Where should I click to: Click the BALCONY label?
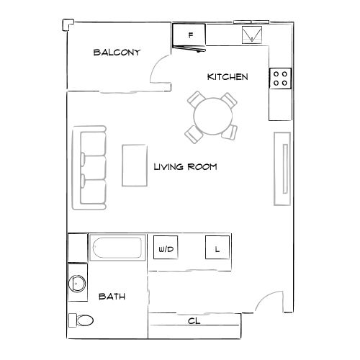point(116,53)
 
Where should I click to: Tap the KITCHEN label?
point(228,76)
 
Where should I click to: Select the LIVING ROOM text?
point(186,166)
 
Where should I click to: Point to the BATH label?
point(112,296)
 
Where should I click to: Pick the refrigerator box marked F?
point(189,35)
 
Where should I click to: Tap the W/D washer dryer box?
point(166,249)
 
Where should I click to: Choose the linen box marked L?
point(216,248)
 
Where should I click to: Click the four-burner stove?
point(280,78)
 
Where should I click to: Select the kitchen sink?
point(252,34)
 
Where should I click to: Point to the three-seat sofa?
point(91,168)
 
